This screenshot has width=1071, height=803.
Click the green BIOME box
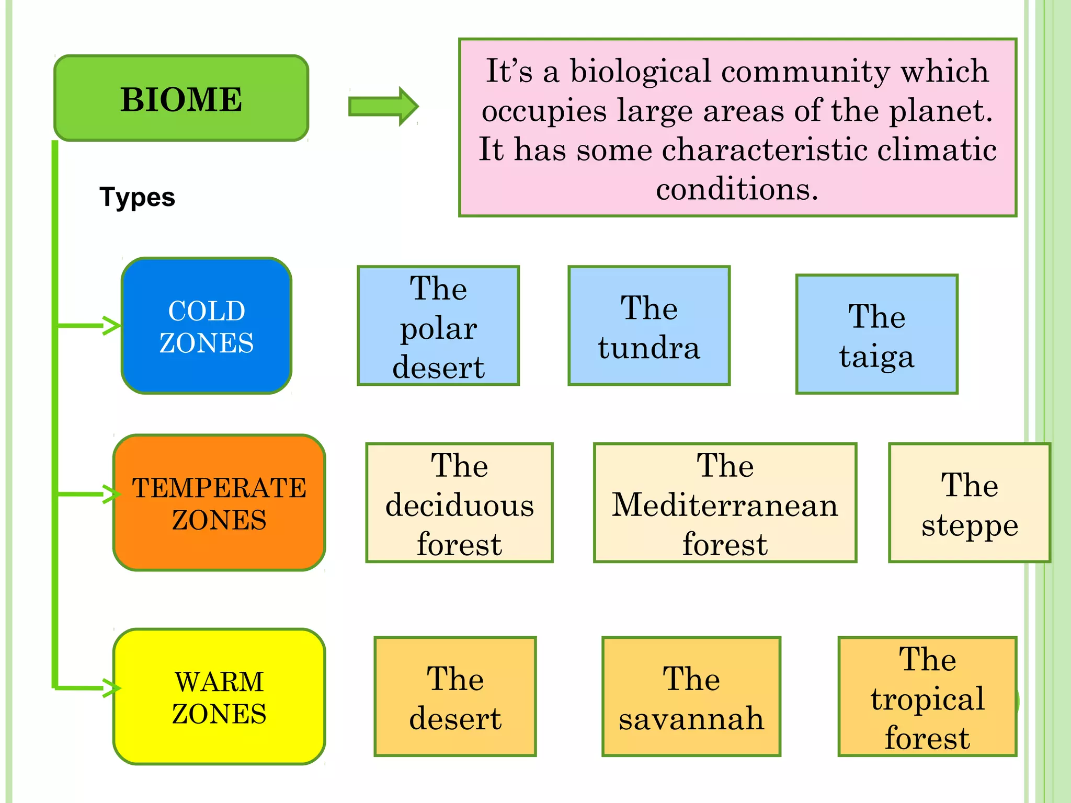181,98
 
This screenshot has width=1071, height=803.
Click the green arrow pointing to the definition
383,106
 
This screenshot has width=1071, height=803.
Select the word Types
137,197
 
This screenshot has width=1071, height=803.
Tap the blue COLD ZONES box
207,326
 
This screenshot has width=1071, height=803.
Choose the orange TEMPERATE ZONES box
219,502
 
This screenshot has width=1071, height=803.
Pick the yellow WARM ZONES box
219,696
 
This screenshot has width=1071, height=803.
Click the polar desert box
438,326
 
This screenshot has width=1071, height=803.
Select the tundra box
649,326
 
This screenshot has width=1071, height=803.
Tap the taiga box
876,334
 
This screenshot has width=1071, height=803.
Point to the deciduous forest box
459,503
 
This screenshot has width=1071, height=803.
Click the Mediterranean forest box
725,503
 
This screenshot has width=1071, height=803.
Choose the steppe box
970,503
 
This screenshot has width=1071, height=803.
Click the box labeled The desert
455,696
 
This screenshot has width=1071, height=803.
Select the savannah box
691,696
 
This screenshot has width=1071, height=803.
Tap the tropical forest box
927,696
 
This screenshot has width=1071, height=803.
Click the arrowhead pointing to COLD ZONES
111,325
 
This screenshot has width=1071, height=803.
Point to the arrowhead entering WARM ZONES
111,688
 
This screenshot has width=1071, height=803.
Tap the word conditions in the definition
737,189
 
